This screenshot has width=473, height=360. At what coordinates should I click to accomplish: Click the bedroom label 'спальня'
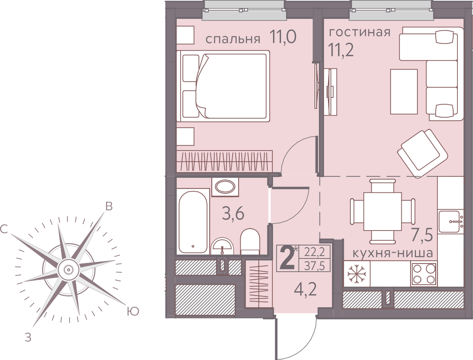(233, 39)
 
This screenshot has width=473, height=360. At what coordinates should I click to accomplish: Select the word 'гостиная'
(360, 32)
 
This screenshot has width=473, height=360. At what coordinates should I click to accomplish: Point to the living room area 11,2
(341, 49)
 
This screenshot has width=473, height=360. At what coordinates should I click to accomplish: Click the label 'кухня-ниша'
(392, 253)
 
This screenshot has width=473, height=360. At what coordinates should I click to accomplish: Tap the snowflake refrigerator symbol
(357, 274)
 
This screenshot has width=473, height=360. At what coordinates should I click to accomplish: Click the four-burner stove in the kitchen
(424, 274)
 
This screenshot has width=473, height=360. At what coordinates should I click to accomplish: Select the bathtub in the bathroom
(193, 222)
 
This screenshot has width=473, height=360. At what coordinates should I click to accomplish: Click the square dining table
(382, 212)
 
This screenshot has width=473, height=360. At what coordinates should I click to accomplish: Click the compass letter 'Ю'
(133, 311)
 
